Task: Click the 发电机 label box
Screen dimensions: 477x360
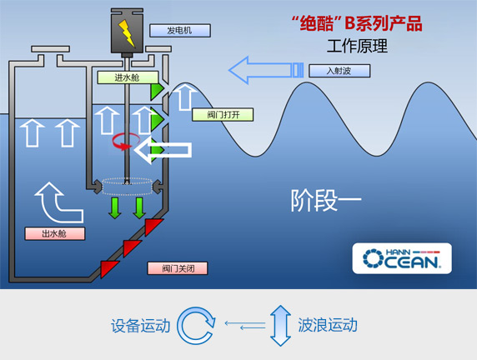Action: pyautogui.click(x=180, y=30)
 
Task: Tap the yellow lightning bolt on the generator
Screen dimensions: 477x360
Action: pyautogui.click(x=127, y=32)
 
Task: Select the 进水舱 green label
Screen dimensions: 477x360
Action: pyautogui.click(x=128, y=77)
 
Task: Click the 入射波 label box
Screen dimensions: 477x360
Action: pyautogui.click(x=339, y=71)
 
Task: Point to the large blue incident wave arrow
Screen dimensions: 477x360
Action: pyautogui.click(x=266, y=70)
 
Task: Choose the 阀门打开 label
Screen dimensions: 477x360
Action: pyautogui.click(x=223, y=115)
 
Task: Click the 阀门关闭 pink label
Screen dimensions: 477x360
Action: pyautogui.click(x=178, y=268)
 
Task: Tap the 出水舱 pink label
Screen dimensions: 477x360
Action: pyautogui.click(x=55, y=233)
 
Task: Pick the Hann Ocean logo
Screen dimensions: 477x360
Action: pyautogui.click(x=402, y=258)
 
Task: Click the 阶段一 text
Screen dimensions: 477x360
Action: pyautogui.click(x=326, y=200)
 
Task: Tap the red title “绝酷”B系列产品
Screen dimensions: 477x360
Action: pyautogui.click(x=357, y=23)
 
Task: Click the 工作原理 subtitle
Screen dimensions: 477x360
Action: pyautogui.click(x=357, y=46)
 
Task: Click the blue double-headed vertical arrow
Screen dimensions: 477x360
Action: pyautogui.click(x=280, y=326)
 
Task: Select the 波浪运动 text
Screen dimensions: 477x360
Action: pyautogui.click(x=328, y=325)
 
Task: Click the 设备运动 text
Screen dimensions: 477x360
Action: pyautogui.click(x=140, y=326)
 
